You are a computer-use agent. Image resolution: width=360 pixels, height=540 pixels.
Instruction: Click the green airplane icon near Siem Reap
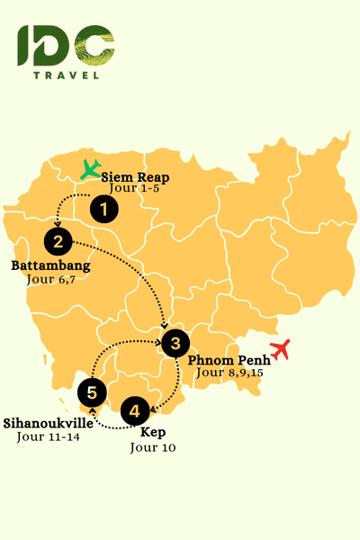[x=90, y=168]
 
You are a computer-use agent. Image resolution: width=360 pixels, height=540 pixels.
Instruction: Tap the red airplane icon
[x=281, y=349]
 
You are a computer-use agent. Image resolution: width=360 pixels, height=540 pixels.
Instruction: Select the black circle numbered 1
[x=105, y=210]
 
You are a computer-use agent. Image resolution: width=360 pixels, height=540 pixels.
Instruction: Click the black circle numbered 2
[x=58, y=240]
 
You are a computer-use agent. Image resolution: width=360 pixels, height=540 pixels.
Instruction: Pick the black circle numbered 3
[x=175, y=342]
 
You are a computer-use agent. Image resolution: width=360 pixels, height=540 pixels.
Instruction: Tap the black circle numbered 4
[x=134, y=411]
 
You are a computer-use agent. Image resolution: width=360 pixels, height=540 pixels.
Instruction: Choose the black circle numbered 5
[x=92, y=391]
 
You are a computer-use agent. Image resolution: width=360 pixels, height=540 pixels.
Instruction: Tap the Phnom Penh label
[x=227, y=359]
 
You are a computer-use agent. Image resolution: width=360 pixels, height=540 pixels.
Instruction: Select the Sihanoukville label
[x=48, y=422]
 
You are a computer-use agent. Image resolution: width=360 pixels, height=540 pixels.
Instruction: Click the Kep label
[x=153, y=433]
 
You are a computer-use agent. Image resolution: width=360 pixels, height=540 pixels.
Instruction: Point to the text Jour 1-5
[x=134, y=189]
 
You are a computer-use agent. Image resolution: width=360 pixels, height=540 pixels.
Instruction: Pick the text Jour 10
[x=154, y=446]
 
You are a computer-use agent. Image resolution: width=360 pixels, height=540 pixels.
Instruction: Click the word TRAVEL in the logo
[x=66, y=75]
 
